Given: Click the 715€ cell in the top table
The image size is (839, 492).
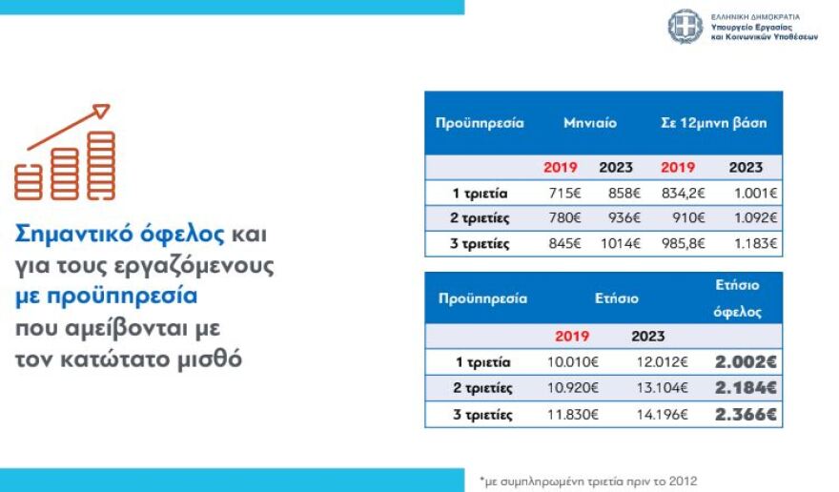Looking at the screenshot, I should [x=561, y=193].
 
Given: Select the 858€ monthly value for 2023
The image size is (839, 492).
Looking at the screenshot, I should [x=615, y=193].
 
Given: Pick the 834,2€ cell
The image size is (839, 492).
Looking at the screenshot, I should [x=681, y=193].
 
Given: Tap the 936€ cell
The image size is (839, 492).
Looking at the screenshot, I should [x=615, y=218].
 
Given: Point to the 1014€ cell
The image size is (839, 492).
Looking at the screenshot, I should [x=614, y=243].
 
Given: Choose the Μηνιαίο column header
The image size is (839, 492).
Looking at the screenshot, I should [x=589, y=123].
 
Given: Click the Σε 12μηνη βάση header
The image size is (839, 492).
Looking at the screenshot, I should [x=713, y=123].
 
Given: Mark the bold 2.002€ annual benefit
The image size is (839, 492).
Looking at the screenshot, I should [x=746, y=362].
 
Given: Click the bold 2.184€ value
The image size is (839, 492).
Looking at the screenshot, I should [x=746, y=388].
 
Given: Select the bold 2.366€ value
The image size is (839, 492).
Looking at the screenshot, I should [x=746, y=415].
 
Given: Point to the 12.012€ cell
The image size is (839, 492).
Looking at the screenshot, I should [x=652, y=362].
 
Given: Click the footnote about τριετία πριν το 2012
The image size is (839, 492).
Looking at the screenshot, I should [x=595, y=480].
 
